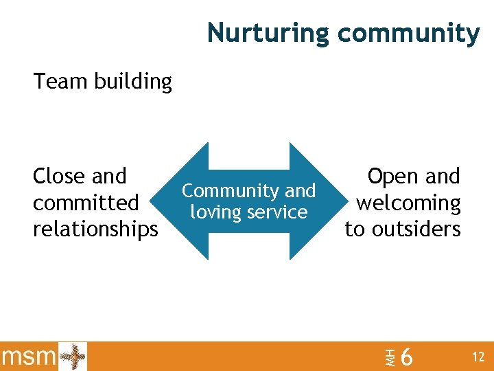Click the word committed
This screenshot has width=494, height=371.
pos(86,203)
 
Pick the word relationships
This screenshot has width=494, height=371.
pos(95,229)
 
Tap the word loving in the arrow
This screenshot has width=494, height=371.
pos(214,212)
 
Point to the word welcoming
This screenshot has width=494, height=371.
pos(408,203)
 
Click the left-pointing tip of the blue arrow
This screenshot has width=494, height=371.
pos(172,201)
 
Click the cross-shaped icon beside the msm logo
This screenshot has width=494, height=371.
pos(73,357)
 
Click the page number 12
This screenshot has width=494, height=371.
pos(478,357)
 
